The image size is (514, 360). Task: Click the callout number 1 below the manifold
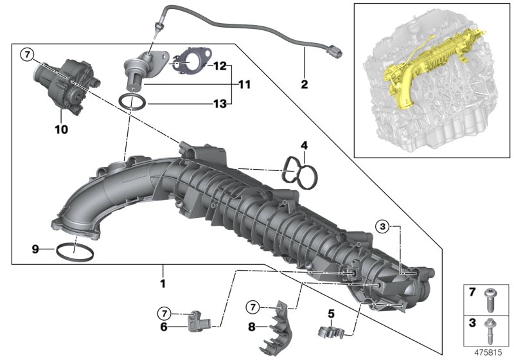(163, 283)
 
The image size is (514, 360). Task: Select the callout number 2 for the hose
(305, 84)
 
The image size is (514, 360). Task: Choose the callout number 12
(220, 66)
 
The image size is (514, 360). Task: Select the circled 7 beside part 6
(165, 313)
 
